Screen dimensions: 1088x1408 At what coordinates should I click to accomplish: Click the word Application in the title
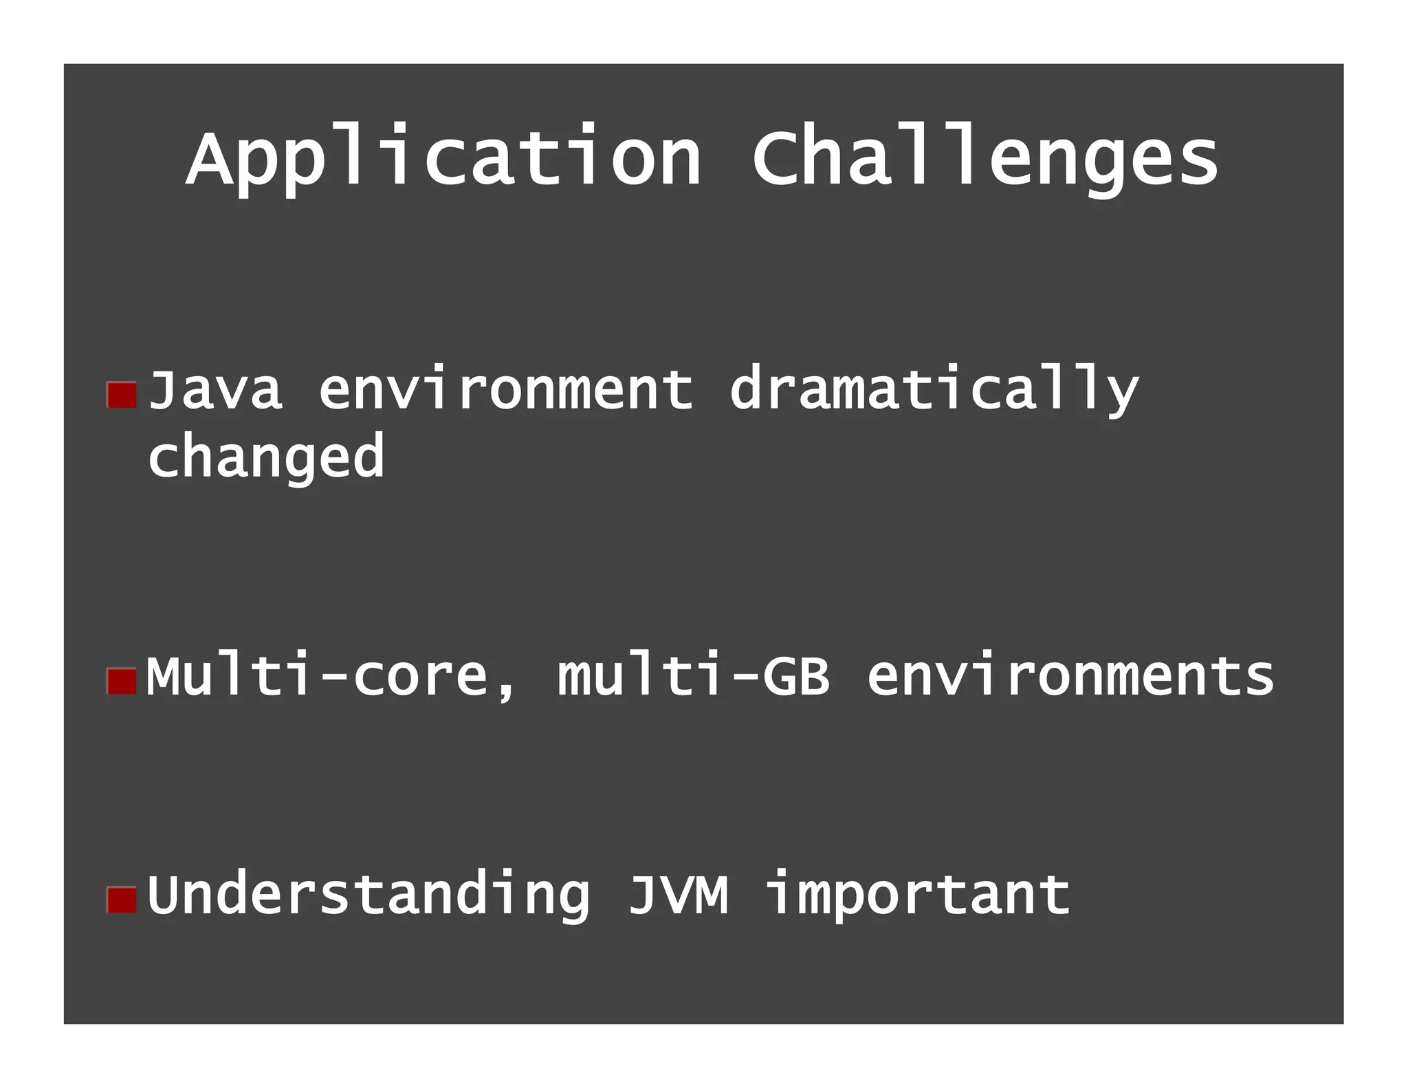[443, 158]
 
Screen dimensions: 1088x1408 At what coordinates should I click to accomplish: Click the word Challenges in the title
[984, 158]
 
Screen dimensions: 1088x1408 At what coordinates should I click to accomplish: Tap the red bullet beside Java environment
[122, 395]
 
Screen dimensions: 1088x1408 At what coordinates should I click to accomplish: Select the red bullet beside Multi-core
[122, 681]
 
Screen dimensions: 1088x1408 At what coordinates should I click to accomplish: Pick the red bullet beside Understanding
[122, 900]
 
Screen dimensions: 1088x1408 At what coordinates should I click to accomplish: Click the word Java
[215, 390]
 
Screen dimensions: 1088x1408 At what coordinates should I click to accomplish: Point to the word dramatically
[934, 390]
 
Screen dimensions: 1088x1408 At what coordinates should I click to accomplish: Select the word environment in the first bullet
[505, 390]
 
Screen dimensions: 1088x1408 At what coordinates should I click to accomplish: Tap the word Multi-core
[316, 676]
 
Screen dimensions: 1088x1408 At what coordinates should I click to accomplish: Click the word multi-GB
[693, 676]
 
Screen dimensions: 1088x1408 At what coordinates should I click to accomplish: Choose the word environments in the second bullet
[1070, 676]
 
